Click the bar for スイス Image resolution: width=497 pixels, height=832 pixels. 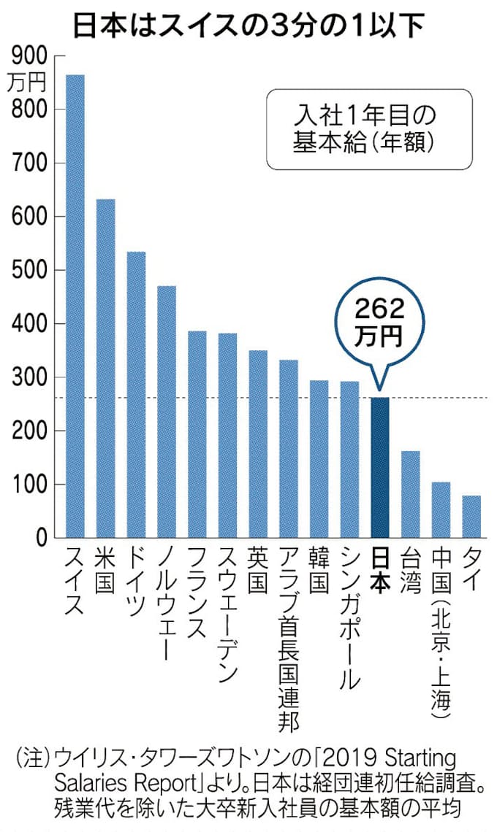[75, 307]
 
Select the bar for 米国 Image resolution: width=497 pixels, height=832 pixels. [106, 369]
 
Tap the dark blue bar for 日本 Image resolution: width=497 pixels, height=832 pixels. [380, 468]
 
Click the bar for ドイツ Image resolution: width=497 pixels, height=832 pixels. [137, 395]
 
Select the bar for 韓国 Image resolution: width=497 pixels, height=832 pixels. [319, 459]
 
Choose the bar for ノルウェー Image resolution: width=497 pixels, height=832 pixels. [167, 412]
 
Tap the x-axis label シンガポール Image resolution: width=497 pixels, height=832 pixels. [349, 617]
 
